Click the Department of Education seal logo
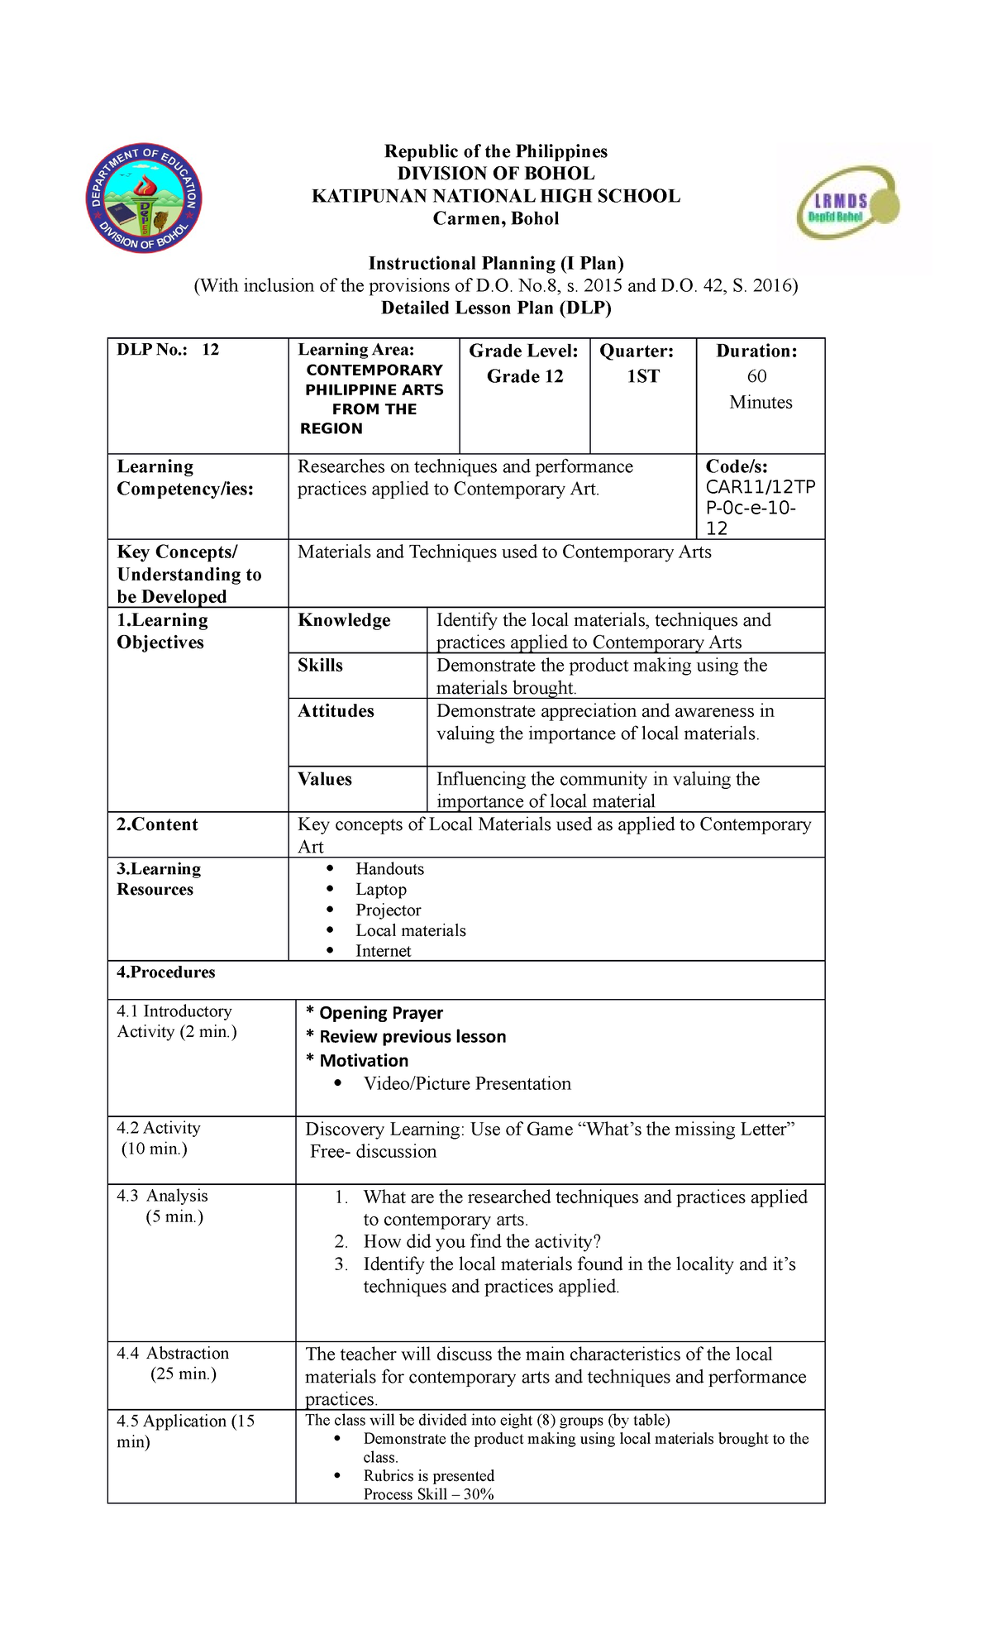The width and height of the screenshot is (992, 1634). pos(145,198)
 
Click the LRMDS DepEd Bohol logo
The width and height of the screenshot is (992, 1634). pos(847,204)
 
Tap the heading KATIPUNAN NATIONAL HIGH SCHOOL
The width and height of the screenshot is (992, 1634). pos(495,196)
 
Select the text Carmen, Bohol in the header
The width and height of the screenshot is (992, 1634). pos(495,218)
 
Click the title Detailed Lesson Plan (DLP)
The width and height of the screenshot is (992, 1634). pos(495,308)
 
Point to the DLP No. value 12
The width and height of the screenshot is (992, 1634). pos(210,350)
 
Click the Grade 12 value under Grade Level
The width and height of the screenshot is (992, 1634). pos(524,376)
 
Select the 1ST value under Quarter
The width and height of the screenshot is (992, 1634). pos(642,376)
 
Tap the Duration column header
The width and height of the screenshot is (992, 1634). pos(756,351)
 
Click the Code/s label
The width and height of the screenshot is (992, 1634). pos(736,466)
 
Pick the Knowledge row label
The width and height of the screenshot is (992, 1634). pos(344,620)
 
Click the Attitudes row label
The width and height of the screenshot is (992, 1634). pos(336,711)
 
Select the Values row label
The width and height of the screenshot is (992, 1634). pos(324,779)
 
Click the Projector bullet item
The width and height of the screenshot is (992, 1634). pos(388,910)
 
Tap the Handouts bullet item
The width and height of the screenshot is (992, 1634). pos(389,868)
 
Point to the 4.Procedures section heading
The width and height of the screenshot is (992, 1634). pos(165,972)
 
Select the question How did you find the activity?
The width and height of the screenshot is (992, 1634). pos(481,1241)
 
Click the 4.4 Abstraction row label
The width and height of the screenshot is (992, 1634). pos(173,1353)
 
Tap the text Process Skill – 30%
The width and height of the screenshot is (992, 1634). pos(428,1493)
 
